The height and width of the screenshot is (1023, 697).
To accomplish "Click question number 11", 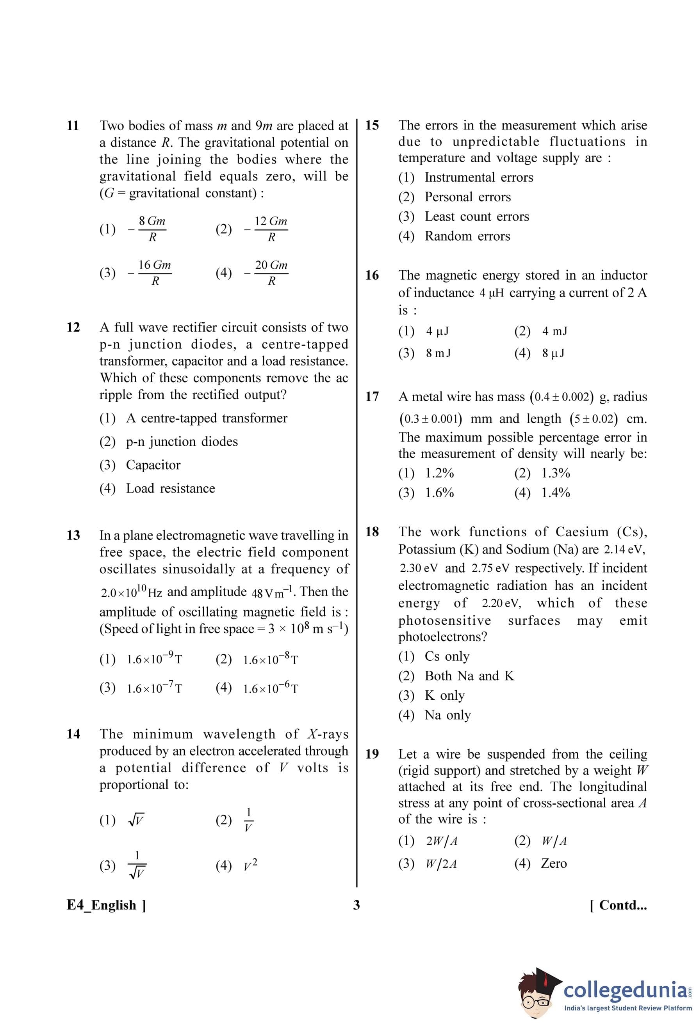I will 73,126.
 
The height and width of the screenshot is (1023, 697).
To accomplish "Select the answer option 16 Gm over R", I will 155,273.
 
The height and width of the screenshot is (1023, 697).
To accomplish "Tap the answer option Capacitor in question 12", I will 153,465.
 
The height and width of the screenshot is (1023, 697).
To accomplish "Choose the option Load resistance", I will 170,488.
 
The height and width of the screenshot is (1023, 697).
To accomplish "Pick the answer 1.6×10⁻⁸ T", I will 270,660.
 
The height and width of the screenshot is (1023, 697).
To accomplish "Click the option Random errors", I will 467,236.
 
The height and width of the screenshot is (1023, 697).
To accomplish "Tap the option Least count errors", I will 476,216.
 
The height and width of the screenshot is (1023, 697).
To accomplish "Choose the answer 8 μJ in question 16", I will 553,353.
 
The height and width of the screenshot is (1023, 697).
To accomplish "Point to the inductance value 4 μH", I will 491,293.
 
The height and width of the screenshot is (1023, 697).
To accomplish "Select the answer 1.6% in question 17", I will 439,493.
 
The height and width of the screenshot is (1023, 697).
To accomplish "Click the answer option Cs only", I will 447,656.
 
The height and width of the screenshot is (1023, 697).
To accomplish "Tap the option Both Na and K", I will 469,675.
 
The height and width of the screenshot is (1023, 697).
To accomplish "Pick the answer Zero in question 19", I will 554,863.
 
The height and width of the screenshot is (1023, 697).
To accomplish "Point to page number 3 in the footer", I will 357,905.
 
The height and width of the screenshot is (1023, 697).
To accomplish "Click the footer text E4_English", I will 106,905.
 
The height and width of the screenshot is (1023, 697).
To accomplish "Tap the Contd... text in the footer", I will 618,905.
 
